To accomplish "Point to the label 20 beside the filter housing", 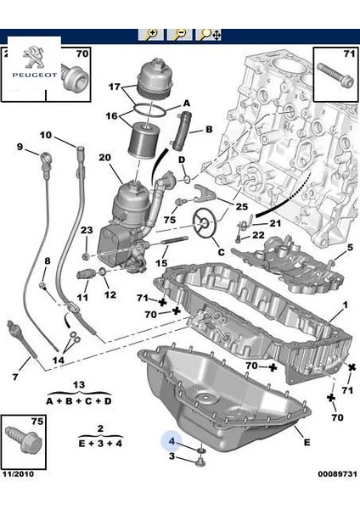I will pyautogui.click(x=104, y=158).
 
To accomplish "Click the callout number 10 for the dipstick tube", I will pyautogui.click(x=46, y=135).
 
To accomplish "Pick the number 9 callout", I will pyautogui.click(x=20, y=147).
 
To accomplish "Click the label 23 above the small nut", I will pyautogui.click(x=87, y=231).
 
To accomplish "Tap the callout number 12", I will pyautogui.click(x=110, y=294).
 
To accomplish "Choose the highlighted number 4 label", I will pyautogui.click(x=172, y=441).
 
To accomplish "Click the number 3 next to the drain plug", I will pyautogui.click(x=172, y=458).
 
